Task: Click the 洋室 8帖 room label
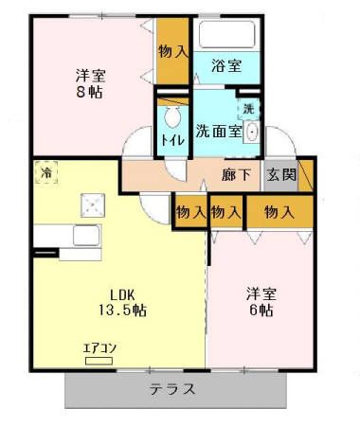(x=90, y=83)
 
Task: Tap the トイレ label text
(x=172, y=140)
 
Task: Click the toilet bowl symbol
(x=172, y=118)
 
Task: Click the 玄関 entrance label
(x=280, y=174)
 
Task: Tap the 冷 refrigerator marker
(x=45, y=173)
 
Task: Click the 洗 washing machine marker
(x=247, y=110)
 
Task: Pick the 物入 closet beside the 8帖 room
(x=171, y=52)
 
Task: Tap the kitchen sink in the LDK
(x=87, y=237)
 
